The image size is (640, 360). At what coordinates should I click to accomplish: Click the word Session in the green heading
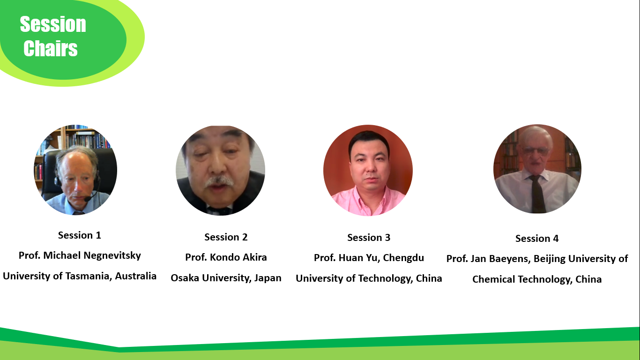click(x=53, y=24)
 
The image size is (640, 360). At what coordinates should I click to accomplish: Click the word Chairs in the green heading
click(x=51, y=48)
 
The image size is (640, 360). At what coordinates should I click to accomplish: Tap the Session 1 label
click(x=80, y=235)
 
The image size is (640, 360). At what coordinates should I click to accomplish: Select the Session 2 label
click(x=226, y=237)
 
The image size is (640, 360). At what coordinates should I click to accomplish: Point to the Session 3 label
click(x=369, y=238)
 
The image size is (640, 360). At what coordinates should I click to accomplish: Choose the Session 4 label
click(x=537, y=239)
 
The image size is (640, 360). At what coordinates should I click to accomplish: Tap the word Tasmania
click(x=88, y=276)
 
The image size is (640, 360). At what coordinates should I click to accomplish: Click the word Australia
click(x=136, y=276)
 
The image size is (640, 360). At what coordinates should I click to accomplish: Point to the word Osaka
click(x=185, y=278)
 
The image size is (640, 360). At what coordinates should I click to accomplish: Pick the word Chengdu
click(x=403, y=258)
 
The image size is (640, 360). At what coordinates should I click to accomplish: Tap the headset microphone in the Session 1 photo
click(x=91, y=197)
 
